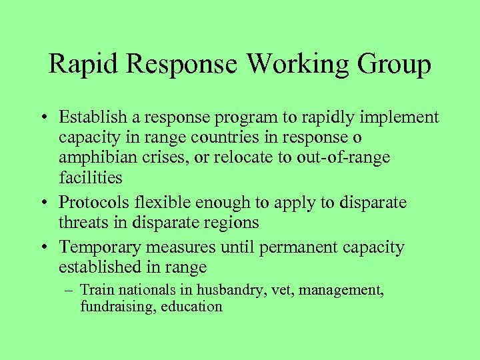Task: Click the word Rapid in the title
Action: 85,65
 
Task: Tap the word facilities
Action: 90,178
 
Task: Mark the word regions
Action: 228,222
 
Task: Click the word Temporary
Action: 101,247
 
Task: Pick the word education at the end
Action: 191,307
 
